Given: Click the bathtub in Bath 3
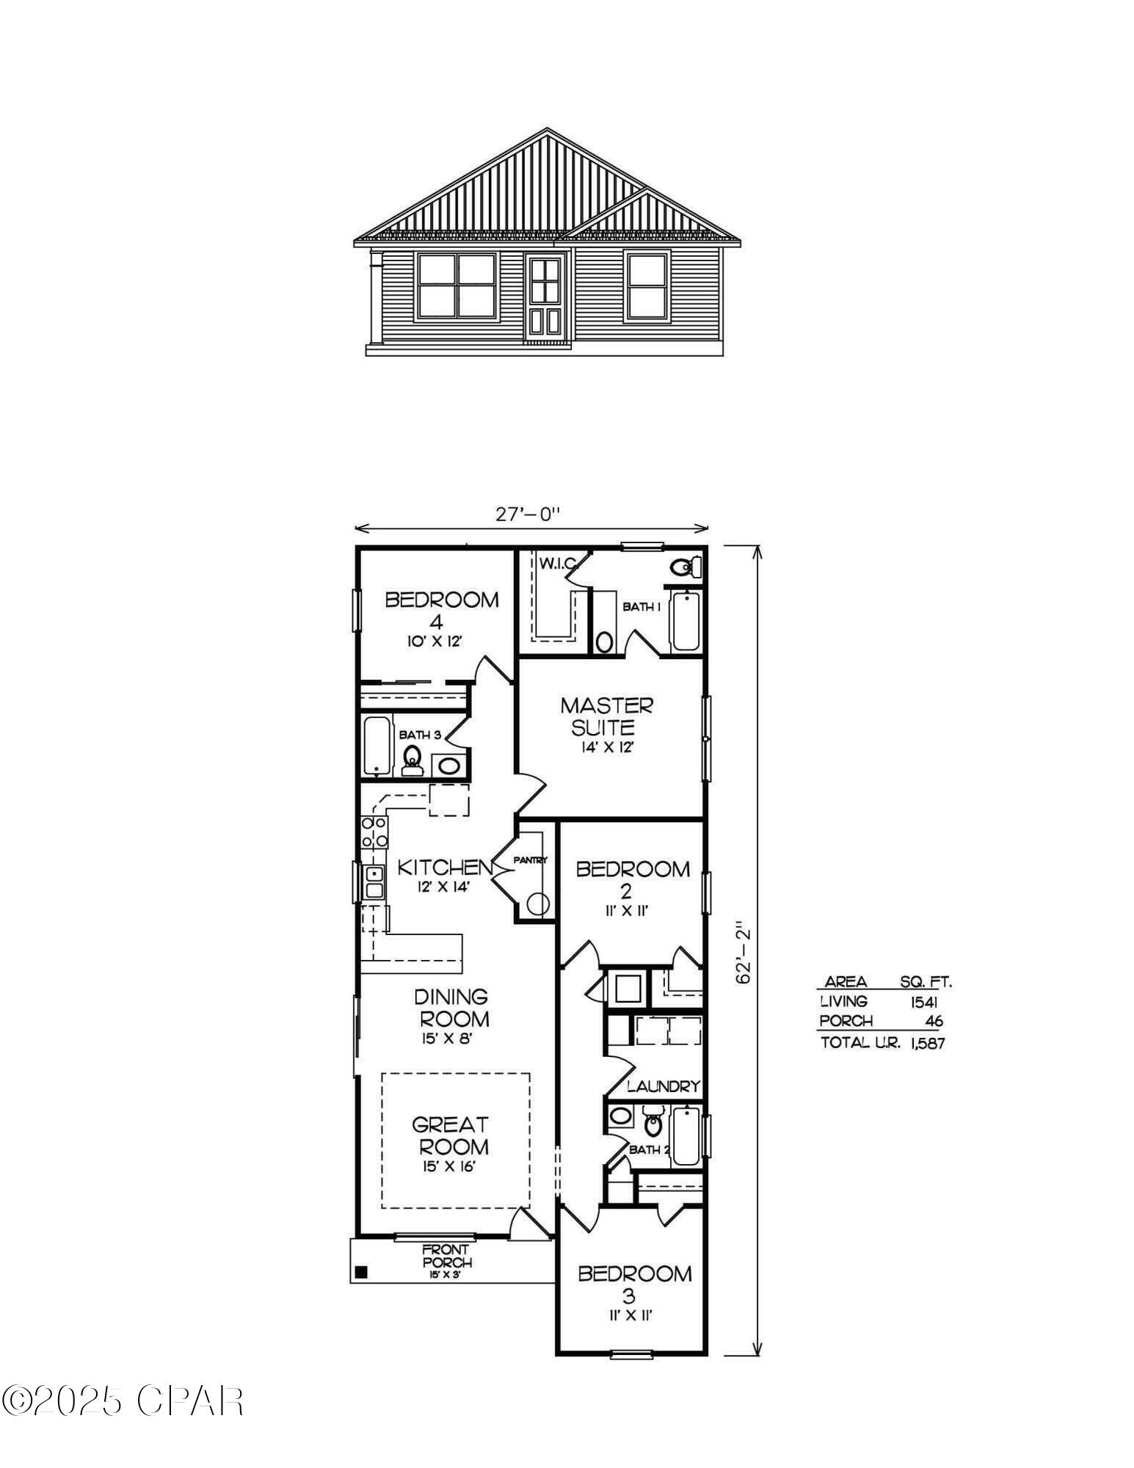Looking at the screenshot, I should click(x=377, y=746).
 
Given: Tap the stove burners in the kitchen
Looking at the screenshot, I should click(x=374, y=832).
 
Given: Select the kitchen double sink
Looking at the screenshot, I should click(x=374, y=882).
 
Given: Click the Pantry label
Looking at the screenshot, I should click(x=530, y=860).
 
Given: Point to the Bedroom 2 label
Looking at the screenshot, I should click(x=632, y=879).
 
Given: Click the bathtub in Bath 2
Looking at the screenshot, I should click(x=687, y=1136).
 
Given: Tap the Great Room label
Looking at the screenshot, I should click(x=450, y=1135).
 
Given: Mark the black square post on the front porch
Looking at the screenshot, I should click(x=360, y=1272).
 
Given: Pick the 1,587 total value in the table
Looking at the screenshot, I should click(x=926, y=1043).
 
